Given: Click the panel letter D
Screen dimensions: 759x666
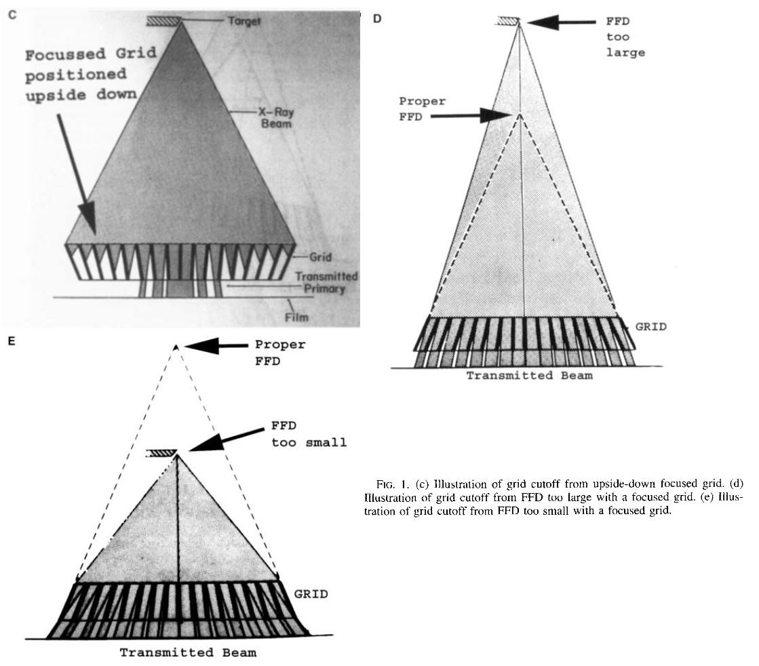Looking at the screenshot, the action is tap(377, 18).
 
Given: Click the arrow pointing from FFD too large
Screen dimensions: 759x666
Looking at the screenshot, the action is tap(561, 22).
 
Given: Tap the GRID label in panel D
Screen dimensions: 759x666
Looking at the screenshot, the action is tap(650, 326).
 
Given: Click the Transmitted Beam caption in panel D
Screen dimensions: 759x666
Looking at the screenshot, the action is tap(528, 375).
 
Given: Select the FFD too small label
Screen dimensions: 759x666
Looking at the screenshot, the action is tap(309, 435).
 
